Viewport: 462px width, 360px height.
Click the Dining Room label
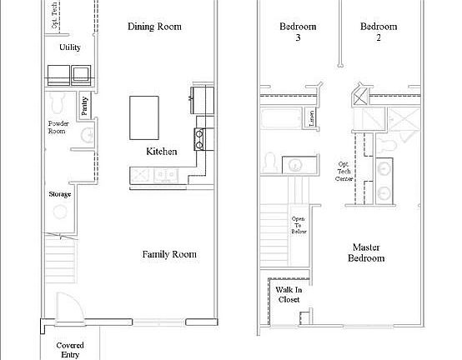pos(154,27)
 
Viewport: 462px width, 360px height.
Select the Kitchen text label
pos(161,152)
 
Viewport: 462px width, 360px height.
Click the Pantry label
pos(86,106)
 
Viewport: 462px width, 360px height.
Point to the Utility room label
pos(70,47)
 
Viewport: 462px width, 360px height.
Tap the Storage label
pos(60,194)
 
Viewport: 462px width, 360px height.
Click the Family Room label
pos(168,254)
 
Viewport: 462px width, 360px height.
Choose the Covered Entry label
pos(69,348)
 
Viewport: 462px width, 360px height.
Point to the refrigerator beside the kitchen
pos(203,99)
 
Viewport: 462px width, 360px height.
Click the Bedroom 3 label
pos(292,31)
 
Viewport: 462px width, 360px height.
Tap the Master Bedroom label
pos(367,252)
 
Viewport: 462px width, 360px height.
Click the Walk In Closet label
pos(288,295)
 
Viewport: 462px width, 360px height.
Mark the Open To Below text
pos(299,225)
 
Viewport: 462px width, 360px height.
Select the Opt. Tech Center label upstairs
pos(344,172)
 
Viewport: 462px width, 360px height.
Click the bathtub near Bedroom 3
pos(279,117)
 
